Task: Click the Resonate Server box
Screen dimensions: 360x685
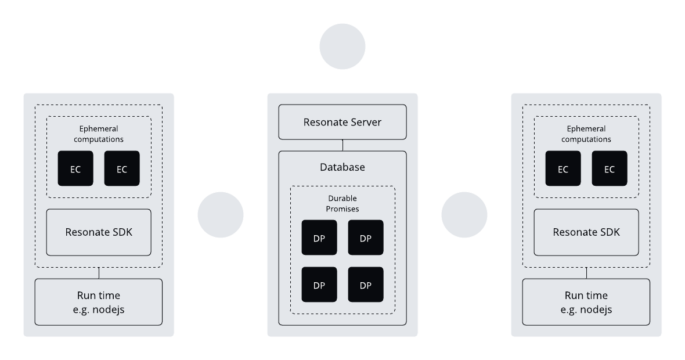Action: [342, 122]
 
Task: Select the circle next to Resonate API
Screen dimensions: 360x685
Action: [342, 47]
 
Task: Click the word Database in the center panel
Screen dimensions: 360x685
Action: [342, 167]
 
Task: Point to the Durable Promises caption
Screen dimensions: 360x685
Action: [342, 203]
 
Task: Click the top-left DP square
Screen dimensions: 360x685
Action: [319, 237]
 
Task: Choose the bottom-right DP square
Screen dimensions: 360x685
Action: [365, 285]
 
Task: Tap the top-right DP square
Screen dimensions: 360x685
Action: [365, 237]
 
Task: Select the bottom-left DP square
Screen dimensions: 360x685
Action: [319, 285]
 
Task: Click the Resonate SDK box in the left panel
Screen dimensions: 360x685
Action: [99, 232]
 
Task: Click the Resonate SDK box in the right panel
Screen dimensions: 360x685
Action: [586, 232]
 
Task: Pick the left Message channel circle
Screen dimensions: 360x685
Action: [221, 215]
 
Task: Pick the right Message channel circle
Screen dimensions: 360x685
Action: [464, 215]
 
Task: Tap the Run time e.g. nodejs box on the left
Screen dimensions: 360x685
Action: [99, 302]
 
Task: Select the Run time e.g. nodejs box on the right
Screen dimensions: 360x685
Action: [586, 302]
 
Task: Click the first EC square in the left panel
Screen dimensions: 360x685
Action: [75, 168]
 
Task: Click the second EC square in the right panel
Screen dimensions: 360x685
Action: [610, 168]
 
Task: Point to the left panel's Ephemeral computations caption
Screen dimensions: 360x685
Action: [99, 134]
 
